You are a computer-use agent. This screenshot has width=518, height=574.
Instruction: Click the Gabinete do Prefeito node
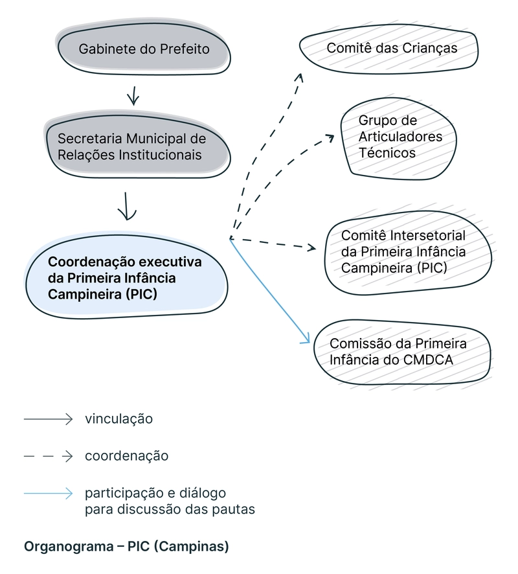point(144,49)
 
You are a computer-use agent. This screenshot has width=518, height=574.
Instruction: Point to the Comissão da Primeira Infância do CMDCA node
point(398,352)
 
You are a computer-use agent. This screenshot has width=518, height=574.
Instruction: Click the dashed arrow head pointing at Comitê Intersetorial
point(312,247)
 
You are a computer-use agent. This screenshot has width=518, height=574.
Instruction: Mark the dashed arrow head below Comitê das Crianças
point(299,77)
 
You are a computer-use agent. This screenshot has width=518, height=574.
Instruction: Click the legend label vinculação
point(118,419)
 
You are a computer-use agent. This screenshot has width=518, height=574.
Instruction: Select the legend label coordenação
point(126,456)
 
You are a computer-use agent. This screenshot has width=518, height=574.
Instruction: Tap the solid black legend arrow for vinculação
point(49,420)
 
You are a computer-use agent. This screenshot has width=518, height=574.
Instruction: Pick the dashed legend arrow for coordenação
point(49,457)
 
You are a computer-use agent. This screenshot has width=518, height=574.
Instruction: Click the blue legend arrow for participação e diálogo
point(49,494)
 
